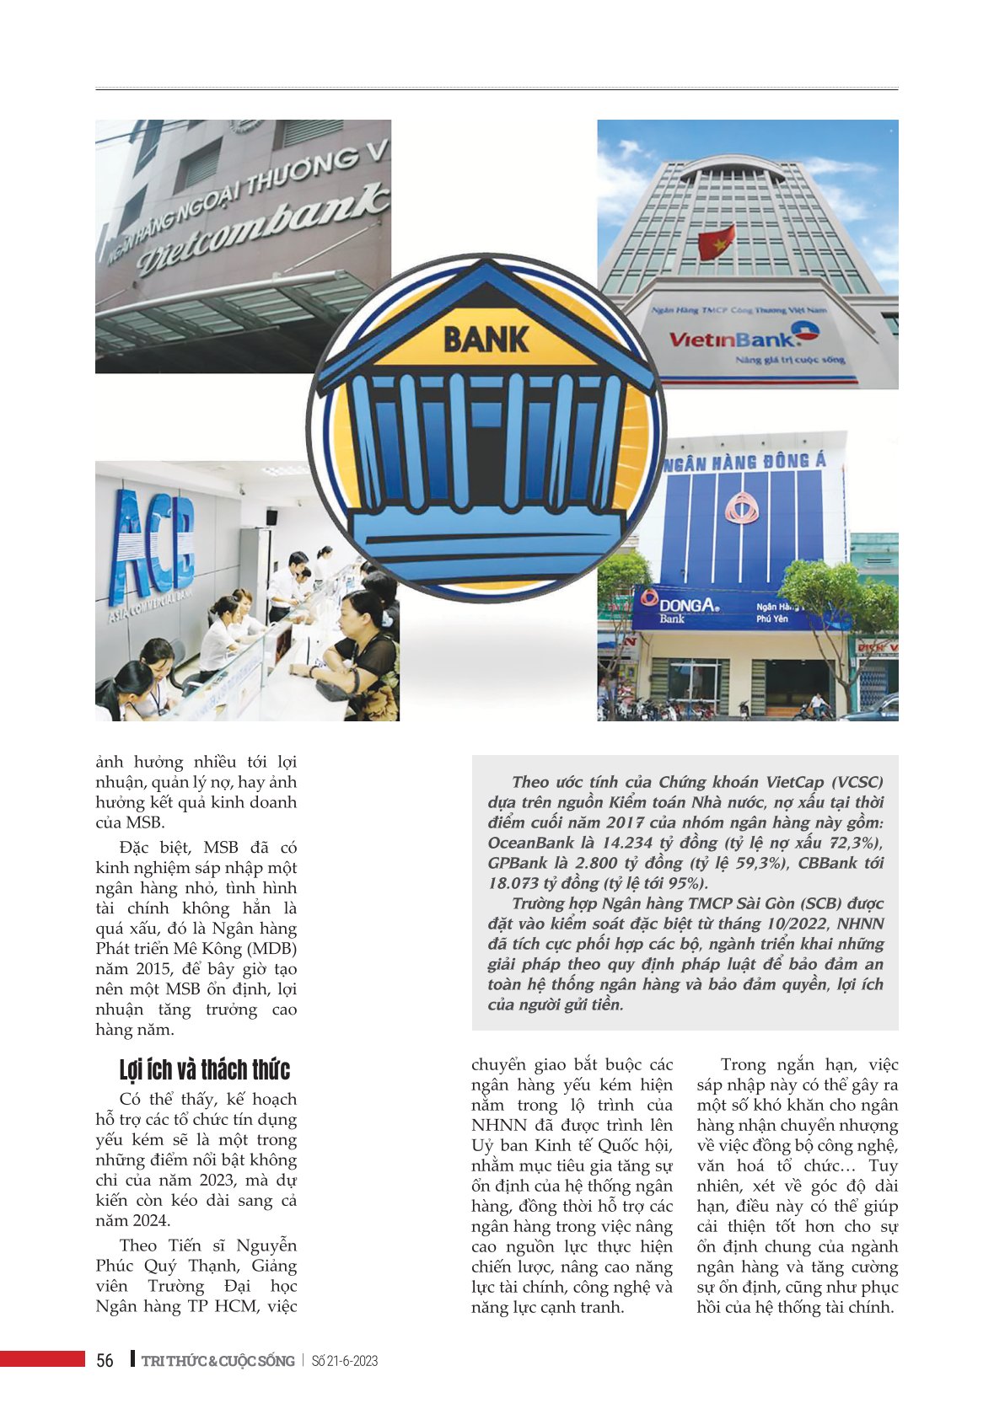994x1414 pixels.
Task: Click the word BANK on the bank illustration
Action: tap(486, 340)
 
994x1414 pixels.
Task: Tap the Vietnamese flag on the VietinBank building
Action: tap(717, 243)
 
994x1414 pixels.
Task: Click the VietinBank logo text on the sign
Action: tap(732, 339)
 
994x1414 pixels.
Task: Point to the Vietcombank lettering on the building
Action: tap(261, 228)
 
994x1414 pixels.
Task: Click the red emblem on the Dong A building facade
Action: tap(741, 516)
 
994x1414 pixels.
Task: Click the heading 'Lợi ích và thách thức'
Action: tap(205, 1070)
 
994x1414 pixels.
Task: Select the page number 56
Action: tap(105, 1361)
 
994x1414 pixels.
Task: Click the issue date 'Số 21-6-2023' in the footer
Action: tap(344, 1361)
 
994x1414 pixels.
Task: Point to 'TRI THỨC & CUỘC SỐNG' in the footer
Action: tap(218, 1361)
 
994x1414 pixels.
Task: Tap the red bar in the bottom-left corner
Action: tap(42, 1358)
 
